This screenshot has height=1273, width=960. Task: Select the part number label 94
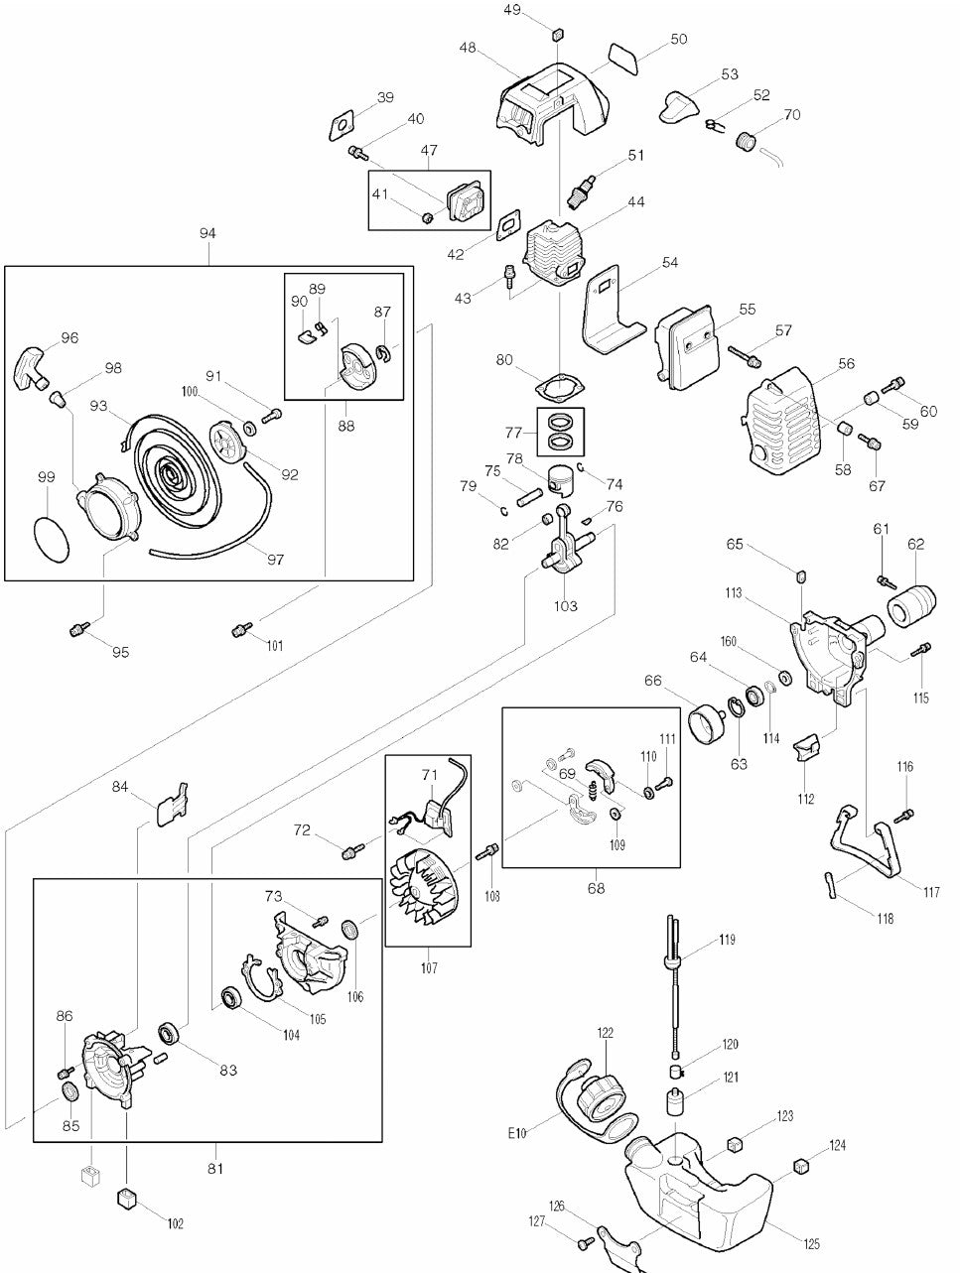(x=207, y=233)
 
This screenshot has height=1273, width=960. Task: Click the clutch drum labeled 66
(x=709, y=723)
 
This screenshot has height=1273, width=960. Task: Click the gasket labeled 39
(x=343, y=126)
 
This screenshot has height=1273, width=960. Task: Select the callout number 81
(x=215, y=1168)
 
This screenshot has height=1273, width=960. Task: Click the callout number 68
(x=595, y=888)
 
